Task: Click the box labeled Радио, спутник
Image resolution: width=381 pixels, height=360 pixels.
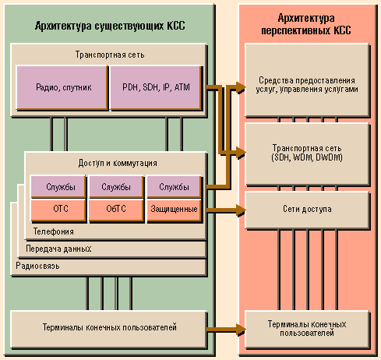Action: [62, 87]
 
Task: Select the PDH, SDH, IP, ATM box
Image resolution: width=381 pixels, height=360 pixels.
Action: [156, 87]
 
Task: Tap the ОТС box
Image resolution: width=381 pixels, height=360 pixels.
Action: [58, 210]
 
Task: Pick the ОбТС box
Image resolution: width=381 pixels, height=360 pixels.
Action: [116, 210]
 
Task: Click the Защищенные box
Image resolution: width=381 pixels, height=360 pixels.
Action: [175, 210]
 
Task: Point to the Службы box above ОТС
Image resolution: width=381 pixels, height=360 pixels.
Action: [58, 187]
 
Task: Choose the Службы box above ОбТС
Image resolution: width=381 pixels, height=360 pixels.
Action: [116, 187]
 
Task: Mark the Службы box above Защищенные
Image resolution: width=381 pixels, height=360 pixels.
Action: [175, 187]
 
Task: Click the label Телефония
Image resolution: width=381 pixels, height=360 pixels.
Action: [54, 231]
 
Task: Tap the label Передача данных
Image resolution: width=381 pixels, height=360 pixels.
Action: [58, 249]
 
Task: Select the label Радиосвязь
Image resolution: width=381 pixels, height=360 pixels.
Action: [37, 266]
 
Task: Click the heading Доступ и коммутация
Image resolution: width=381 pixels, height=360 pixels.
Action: [118, 163]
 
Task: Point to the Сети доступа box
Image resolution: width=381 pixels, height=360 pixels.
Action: [307, 210]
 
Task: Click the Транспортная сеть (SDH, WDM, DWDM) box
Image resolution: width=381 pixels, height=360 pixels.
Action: [307, 154]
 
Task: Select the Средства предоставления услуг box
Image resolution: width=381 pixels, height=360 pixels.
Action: [307, 80]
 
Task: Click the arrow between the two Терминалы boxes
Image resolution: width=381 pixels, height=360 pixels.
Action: [226, 330]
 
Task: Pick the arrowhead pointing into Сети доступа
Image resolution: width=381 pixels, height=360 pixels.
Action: [241, 210]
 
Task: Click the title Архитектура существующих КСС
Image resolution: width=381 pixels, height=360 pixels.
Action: [110, 26]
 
